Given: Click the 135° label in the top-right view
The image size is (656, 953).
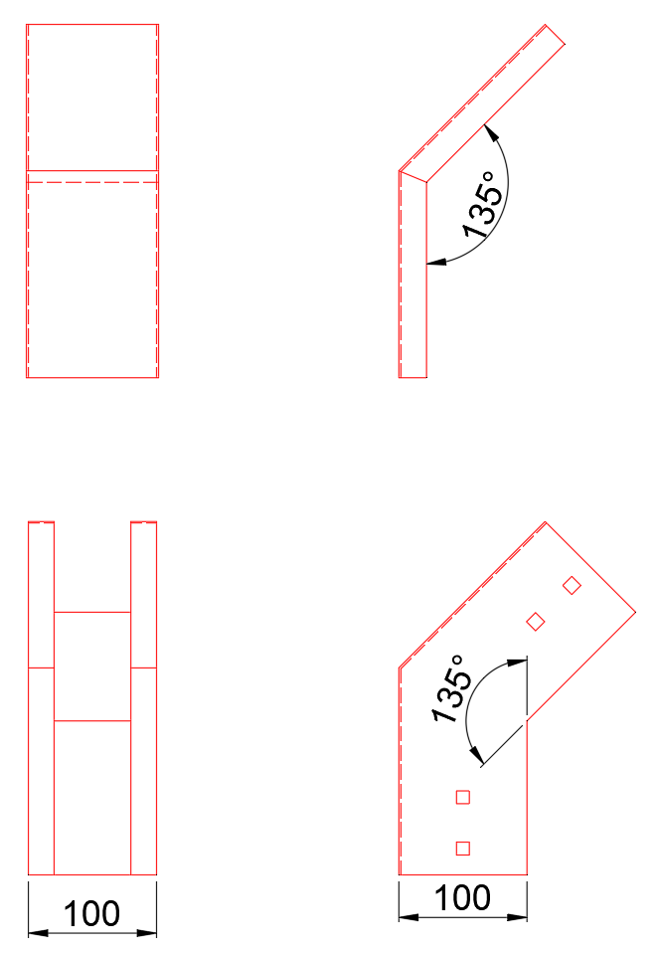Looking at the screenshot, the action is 483,205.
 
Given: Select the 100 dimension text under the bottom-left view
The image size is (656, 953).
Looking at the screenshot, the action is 91,913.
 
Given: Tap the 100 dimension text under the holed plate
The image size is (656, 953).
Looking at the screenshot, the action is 462,897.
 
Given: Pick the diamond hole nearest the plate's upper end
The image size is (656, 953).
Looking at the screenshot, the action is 572,585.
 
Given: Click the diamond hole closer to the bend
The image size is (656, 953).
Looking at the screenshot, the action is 535,621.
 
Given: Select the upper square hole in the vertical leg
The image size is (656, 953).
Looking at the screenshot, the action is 463,797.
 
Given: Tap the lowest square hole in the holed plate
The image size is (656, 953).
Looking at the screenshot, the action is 463,848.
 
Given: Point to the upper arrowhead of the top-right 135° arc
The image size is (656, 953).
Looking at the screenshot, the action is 490,132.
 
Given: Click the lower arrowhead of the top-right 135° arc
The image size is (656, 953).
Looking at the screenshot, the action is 435,262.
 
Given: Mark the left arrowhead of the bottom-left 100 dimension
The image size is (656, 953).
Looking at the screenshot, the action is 38,933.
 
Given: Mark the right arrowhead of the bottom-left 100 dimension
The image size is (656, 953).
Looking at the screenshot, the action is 147,933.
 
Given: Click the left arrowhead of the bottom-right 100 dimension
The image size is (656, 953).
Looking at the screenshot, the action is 409,916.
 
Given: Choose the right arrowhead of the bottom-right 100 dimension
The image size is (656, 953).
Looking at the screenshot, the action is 517,916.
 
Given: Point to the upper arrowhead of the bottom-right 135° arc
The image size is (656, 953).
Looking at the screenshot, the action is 517,663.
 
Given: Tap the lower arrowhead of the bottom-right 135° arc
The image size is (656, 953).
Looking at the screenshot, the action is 477,755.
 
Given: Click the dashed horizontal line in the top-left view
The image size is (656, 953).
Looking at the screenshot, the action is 92,182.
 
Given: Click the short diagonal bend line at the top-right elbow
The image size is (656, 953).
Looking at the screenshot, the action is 412,176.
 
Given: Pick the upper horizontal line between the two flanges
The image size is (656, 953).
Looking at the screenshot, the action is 92,612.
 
